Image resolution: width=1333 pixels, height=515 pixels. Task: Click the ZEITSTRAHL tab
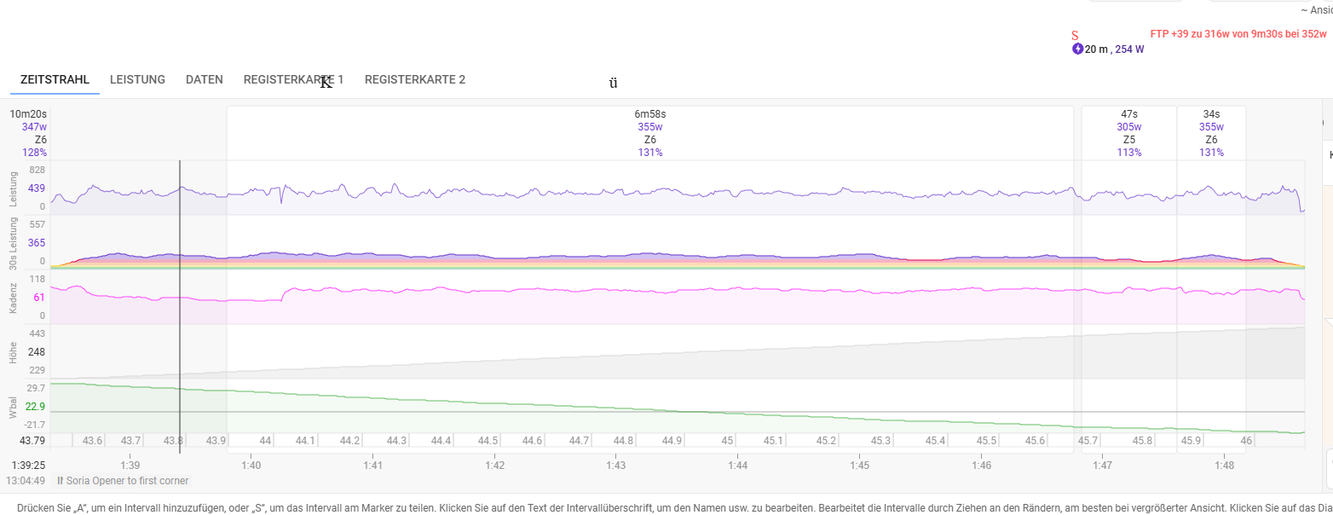click(55, 79)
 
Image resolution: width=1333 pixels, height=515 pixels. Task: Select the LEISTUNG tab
click(137, 79)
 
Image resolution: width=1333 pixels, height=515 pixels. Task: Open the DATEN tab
click(204, 79)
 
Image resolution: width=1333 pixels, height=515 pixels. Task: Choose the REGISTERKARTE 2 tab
click(415, 79)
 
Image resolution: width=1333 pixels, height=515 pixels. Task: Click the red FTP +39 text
click(1238, 34)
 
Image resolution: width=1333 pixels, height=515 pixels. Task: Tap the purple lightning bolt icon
click(1077, 49)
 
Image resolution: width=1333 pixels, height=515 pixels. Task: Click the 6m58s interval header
click(649, 113)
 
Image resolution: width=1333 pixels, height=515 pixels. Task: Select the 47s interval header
click(1128, 113)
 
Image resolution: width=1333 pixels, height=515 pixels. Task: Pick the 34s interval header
click(1211, 113)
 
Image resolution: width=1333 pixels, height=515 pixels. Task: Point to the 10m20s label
click(28, 113)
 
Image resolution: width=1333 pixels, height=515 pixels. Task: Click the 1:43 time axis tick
click(616, 466)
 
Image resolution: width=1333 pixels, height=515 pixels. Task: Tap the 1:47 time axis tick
click(1102, 466)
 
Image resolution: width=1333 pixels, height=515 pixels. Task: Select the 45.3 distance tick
click(880, 441)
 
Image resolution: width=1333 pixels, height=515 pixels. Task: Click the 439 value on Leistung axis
click(36, 188)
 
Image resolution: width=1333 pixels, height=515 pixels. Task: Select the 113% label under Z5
click(1128, 153)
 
